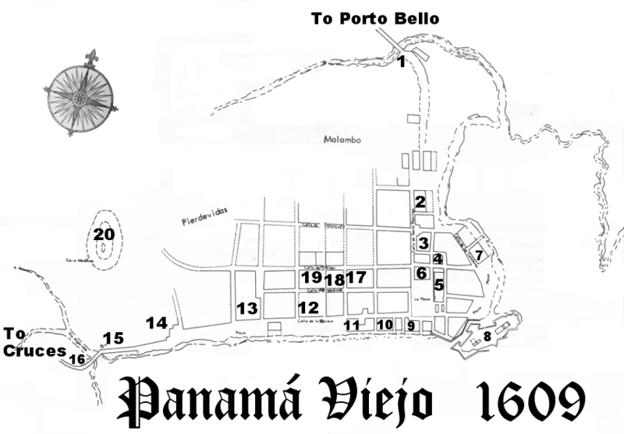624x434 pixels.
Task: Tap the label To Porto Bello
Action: point(375,17)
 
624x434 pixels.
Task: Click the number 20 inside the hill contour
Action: point(104,234)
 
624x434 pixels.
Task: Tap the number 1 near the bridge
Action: point(401,62)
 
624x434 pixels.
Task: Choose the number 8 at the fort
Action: point(487,337)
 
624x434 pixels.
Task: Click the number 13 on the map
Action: point(247,309)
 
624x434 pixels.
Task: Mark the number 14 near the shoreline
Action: point(157,322)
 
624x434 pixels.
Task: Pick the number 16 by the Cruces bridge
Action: point(77,359)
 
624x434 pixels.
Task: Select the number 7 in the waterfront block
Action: point(480,255)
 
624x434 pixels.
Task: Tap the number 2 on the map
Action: point(420,202)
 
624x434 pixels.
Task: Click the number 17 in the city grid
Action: point(356,277)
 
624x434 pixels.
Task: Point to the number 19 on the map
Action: point(312,277)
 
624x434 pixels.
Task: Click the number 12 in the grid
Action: point(308,308)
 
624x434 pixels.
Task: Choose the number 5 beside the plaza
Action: point(438,285)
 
